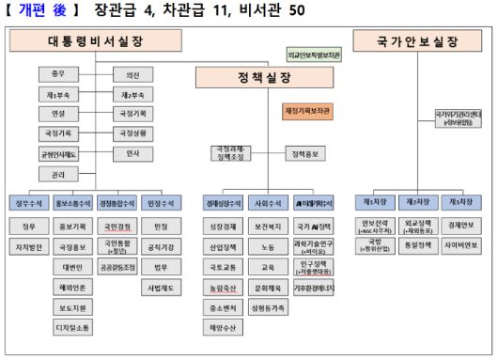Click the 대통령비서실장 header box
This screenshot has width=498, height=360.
[95, 42]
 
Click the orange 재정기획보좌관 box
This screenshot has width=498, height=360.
[308, 111]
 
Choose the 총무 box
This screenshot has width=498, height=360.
[58, 73]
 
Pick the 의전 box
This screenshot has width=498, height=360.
[132, 73]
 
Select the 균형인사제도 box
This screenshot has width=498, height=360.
[58, 154]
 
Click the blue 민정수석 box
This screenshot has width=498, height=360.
[160, 202]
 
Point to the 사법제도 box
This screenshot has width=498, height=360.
[160, 288]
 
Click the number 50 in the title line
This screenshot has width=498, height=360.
[296, 11]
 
